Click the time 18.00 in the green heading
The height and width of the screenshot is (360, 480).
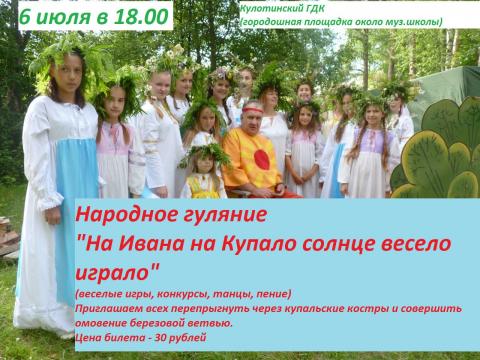coord(141,16)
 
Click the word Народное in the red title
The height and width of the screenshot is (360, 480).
coord(126,215)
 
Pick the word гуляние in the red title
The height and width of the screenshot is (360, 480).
coord(225,215)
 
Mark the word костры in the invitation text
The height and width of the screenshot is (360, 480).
coord(368,309)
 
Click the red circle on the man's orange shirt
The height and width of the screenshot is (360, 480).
coord(262,159)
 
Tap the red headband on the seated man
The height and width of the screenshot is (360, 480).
coord(252,109)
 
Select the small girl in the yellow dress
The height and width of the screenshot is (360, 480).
coord(204,172)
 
